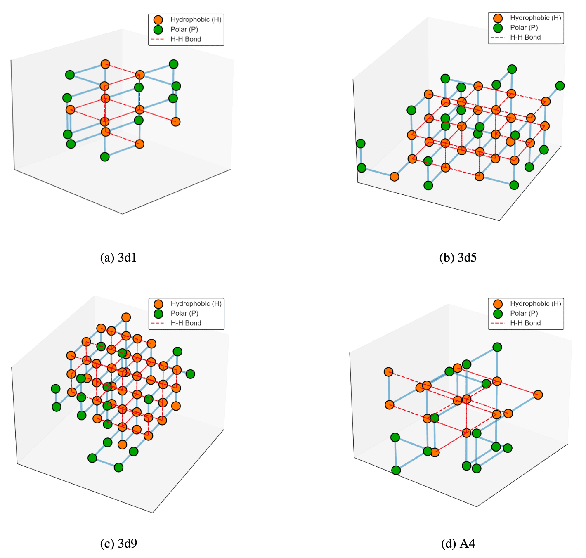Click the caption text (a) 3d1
coord(118,258)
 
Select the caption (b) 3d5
coord(458,258)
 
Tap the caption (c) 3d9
coord(118,543)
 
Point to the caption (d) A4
coord(458,543)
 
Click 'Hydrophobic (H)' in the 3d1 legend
coord(196,19)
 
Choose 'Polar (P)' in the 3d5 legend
coord(524,27)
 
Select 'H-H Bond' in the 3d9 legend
coord(186,323)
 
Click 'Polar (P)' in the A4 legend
coord(524,313)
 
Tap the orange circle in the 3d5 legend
coord(498,18)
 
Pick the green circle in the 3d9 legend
coord(158,314)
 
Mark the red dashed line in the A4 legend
coord(498,323)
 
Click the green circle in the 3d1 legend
coord(158,30)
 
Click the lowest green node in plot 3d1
coord(105,157)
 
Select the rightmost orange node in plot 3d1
coord(176,121)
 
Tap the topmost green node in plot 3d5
coord(512,69)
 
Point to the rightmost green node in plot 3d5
coord(560,85)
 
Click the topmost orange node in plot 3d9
coord(126,317)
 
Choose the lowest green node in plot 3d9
coord(118,467)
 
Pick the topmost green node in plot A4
coord(497,347)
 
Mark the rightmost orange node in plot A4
coord(538,395)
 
